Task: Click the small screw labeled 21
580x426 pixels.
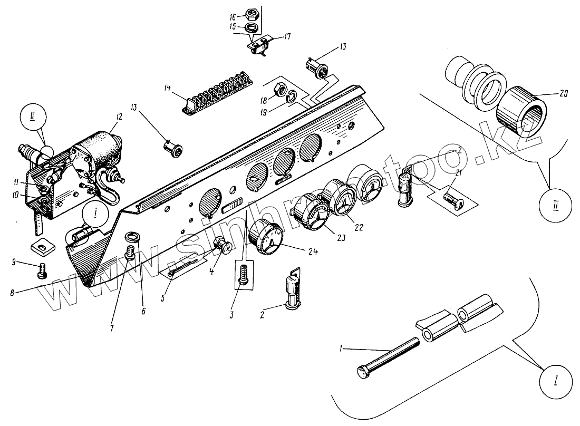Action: tap(450, 199)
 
